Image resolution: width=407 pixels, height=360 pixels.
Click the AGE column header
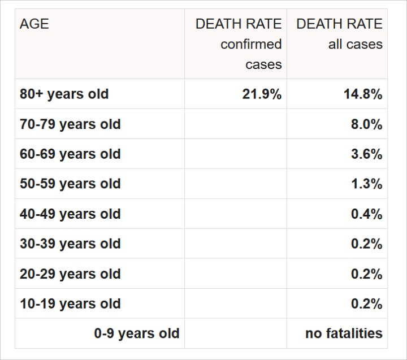pyautogui.click(x=34, y=24)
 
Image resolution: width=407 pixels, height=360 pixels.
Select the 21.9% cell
pyautogui.click(x=262, y=94)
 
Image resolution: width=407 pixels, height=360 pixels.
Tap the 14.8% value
pyautogui.click(x=363, y=94)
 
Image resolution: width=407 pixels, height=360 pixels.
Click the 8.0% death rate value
pyautogui.click(x=366, y=124)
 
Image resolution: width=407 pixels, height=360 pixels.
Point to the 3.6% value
pyautogui.click(x=366, y=154)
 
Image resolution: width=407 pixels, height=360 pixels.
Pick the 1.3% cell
pyautogui.click(x=366, y=184)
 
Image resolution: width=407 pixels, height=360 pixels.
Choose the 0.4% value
pyautogui.click(x=366, y=214)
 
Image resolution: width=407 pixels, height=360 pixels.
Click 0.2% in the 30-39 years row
pyautogui.click(x=366, y=244)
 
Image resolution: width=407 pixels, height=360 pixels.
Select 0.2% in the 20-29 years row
pyautogui.click(x=366, y=274)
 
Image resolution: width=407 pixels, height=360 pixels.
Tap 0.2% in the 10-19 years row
pyautogui.click(x=366, y=303)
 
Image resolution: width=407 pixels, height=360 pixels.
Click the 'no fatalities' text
pyautogui.click(x=344, y=333)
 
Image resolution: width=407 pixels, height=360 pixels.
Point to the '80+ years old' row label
pyautogui.click(x=64, y=94)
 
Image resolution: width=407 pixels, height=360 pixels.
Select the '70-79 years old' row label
pyautogui.click(x=70, y=124)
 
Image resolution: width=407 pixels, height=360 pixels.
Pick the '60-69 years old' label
pyautogui.click(x=70, y=154)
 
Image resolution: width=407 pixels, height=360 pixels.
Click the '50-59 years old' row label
pyautogui.click(x=70, y=184)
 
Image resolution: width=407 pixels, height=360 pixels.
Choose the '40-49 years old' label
pyautogui.click(x=70, y=214)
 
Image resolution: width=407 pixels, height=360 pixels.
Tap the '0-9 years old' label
pyautogui.click(x=137, y=333)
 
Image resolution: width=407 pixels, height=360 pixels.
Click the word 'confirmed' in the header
pyautogui.click(x=251, y=44)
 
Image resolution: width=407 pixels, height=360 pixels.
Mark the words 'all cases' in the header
pyautogui.click(x=356, y=44)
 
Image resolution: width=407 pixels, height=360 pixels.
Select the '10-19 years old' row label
pyautogui.click(x=70, y=303)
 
